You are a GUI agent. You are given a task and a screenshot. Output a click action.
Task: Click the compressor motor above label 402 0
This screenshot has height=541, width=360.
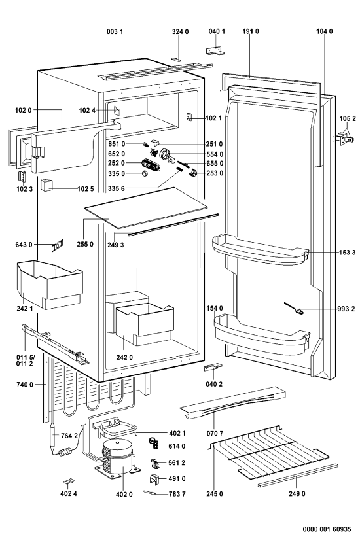click(x=118, y=457)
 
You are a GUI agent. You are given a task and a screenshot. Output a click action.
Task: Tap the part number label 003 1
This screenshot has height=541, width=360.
click(x=115, y=32)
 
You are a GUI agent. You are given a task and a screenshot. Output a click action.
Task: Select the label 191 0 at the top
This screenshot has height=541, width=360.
click(x=251, y=31)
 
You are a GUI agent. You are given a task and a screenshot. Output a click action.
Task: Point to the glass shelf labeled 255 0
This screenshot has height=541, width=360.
click(x=146, y=207)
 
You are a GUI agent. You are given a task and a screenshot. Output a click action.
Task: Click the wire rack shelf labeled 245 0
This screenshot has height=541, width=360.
click(x=270, y=451)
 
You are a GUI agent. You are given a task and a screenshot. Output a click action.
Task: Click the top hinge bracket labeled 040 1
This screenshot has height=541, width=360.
click(x=217, y=51)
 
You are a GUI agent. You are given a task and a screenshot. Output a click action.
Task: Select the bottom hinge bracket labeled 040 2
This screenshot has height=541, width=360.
click(x=213, y=367)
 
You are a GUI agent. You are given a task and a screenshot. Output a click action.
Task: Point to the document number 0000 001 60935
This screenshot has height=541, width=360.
click(x=327, y=529)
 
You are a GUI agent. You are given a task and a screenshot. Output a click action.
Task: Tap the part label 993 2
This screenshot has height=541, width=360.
click(x=346, y=309)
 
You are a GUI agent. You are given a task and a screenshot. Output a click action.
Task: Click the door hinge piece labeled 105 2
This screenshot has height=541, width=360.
click(x=345, y=138)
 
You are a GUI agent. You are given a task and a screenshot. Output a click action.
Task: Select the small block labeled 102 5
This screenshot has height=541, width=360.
click(x=46, y=184)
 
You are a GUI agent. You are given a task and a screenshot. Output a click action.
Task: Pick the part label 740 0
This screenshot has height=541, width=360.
click(x=24, y=385)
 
